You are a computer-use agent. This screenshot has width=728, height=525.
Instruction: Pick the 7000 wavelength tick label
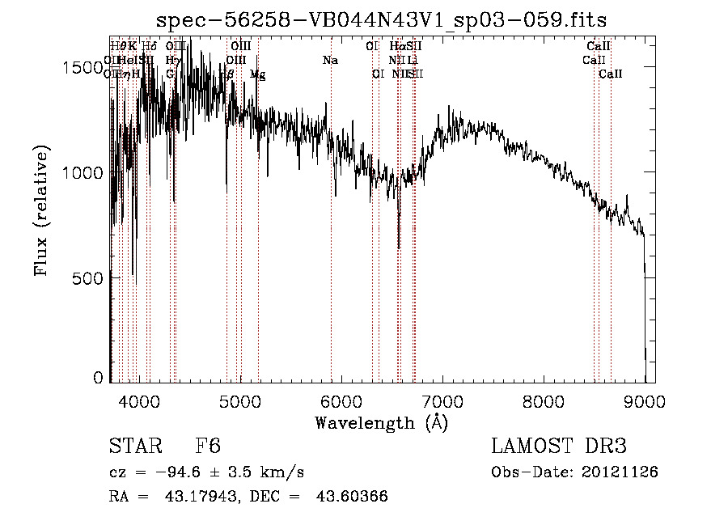click(x=442, y=400)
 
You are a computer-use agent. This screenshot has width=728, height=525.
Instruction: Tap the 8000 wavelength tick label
click(x=543, y=400)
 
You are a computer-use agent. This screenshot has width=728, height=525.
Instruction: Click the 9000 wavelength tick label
click(x=644, y=400)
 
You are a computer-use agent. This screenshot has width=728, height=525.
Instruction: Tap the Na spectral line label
click(x=329, y=60)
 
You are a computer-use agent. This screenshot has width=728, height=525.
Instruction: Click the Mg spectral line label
click(x=257, y=74)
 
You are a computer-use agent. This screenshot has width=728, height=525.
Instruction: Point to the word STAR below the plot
click(x=136, y=447)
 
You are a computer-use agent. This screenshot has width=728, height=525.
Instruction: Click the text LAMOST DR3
click(x=559, y=447)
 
